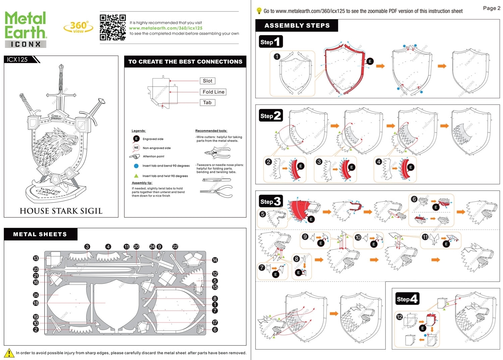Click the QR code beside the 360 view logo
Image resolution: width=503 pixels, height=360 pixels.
click(113, 28)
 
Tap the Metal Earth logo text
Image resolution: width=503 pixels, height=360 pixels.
click(25, 25)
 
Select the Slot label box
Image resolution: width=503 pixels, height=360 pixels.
click(207, 81)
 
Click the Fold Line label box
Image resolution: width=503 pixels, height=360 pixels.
click(213, 92)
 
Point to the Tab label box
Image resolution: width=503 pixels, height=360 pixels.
click(207, 103)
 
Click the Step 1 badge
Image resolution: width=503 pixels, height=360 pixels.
click(271, 42)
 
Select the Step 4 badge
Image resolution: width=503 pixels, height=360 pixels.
click(407, 299)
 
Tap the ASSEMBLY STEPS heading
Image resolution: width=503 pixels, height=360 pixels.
click(297, 25)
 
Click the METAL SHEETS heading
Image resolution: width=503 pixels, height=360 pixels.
click(40, 234)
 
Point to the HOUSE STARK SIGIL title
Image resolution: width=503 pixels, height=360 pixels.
click(61, 211)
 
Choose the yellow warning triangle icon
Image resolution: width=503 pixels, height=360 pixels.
click(9, 353)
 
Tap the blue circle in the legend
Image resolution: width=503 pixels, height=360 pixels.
click(136, 166)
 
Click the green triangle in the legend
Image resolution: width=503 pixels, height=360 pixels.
click(136, 175)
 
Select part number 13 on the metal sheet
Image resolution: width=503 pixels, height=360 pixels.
click(36, 258)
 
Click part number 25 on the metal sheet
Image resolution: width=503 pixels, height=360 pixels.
click(36, 295)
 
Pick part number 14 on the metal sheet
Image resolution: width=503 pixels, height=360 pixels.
click(215, 260)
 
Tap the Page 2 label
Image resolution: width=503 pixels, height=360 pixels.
click(491, 8)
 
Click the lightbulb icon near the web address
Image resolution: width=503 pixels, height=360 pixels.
click(259, 11)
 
